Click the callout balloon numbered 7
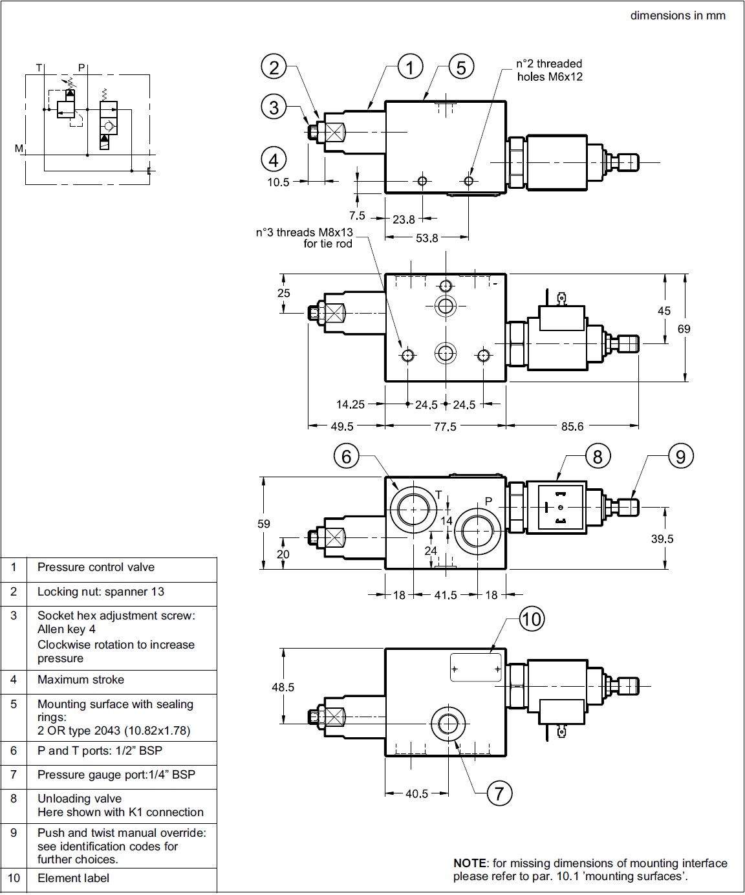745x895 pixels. tap(499, 793)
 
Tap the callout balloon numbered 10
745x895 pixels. tap(531, 619)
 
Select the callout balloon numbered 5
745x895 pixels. tap(460, 67)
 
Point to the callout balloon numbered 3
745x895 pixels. tap(274, 107)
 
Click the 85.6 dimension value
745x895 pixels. tap(572, 426)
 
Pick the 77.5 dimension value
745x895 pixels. tap(445, 426)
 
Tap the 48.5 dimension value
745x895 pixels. tap(283, 687)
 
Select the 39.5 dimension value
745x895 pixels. tap(662, 539)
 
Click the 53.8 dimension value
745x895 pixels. tap(427, 238)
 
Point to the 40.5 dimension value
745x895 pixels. tap(416, 793)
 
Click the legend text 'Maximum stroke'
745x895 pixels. tap(81, 680)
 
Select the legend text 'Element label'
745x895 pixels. tap(73, 878)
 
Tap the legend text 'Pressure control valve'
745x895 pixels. tap(96, 567)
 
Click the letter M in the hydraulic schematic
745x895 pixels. tap(19, 149)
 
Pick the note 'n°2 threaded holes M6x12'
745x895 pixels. tap(549, 70)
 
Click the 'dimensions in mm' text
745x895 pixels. tap(678, 16)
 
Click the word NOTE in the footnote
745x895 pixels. tap(470, 863)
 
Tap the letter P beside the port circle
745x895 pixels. tap(489, 501)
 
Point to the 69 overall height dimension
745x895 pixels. tap(684, 329)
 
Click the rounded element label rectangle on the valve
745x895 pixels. tap(475, 667)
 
